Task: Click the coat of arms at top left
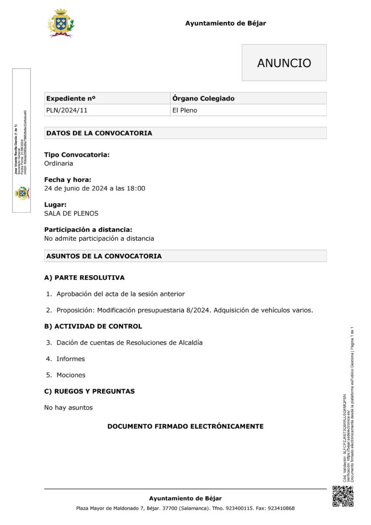60,23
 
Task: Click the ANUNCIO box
284,63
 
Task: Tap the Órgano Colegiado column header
203,98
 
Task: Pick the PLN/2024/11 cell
64,110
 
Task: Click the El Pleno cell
184,110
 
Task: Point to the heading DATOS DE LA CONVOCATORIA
99,133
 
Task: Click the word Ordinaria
58,164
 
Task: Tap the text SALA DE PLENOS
71,213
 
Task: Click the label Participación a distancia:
88,230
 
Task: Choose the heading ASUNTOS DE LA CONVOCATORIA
104,256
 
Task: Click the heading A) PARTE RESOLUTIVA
84,278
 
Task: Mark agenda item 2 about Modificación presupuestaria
184,310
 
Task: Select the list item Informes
71,359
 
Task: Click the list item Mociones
71,375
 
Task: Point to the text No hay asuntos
68,408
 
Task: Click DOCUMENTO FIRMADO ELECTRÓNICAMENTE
185,427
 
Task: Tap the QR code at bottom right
343,496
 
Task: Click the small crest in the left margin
22,193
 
